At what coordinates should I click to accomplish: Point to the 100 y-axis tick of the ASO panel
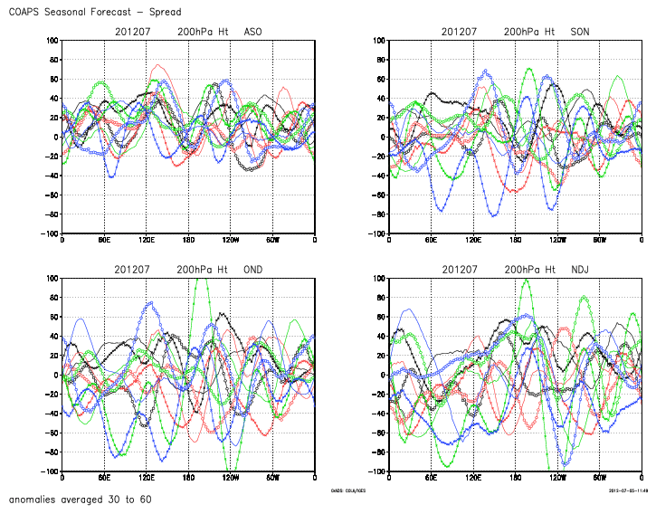pos(52,41)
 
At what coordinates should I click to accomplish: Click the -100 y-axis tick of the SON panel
pos(376,234)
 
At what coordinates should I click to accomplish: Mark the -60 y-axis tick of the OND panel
pos(50,433)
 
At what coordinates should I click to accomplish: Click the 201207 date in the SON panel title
pos(460,32)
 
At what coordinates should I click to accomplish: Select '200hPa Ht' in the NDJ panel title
pos(530,270)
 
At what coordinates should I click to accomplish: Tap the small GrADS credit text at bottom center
pos(349,491)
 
